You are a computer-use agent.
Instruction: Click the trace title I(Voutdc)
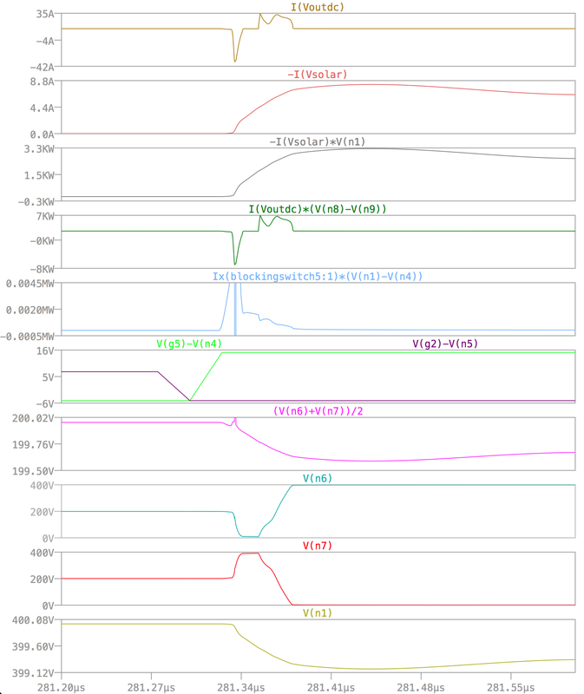tap(317, 7)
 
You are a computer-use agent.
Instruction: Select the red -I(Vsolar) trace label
tap(317, 75)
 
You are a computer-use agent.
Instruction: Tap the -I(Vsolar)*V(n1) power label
tap(317, 141)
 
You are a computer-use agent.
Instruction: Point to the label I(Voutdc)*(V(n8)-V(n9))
tap(317, 209)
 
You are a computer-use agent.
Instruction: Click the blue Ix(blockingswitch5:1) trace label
tap(317, 276)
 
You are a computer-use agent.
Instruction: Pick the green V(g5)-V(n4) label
tap(188, 344)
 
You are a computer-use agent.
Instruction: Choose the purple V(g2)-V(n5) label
tap(444, 344)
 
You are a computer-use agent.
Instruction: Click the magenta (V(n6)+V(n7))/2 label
tap(317, 410)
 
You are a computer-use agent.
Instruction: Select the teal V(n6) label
tap(317, 478)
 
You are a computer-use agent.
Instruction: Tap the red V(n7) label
tap(317, 546)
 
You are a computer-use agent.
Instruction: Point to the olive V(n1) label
tap(317, 612)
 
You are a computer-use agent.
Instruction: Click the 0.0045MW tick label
tap(30, 283)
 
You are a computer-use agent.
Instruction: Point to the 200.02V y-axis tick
tap(33, 417)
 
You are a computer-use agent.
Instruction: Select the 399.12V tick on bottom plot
tap(33, 672)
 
